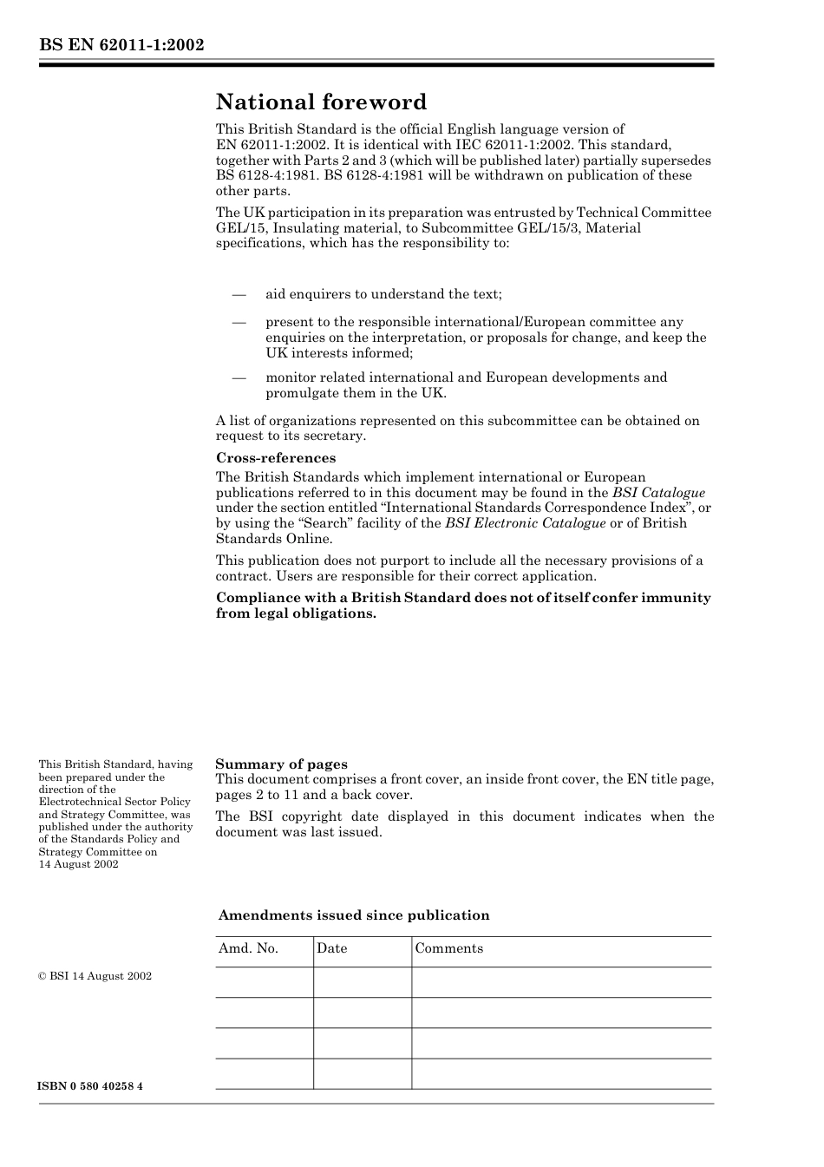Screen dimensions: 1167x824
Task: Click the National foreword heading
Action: [x=321, y=102]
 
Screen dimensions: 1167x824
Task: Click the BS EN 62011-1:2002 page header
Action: [x=121, y=45]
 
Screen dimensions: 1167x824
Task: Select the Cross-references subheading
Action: [x=276, y=458]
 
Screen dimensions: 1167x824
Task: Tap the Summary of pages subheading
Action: [x=281, y=764]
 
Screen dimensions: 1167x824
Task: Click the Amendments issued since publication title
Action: [x=354, y=915]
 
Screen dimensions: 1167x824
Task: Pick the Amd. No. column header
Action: [x=248, y=948]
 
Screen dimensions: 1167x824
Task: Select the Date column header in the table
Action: [x=331, y=948]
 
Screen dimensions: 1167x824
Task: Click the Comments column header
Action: [x=448, y=948]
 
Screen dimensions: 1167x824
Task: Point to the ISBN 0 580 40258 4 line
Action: [x=90, y=1086]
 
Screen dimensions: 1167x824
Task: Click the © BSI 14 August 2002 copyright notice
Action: [x=95, y=976]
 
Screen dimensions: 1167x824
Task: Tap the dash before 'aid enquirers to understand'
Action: [x=239, y=294]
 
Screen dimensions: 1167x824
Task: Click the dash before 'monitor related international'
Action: [x=239, y=377]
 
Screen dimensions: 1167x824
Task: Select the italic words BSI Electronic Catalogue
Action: [x=525, y=523]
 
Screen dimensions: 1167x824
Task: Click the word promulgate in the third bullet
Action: [x=304, y=393]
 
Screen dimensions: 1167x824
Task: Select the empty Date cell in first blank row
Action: [x=362, y=982]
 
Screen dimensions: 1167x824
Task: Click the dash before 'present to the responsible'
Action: [x=239, y=322]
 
